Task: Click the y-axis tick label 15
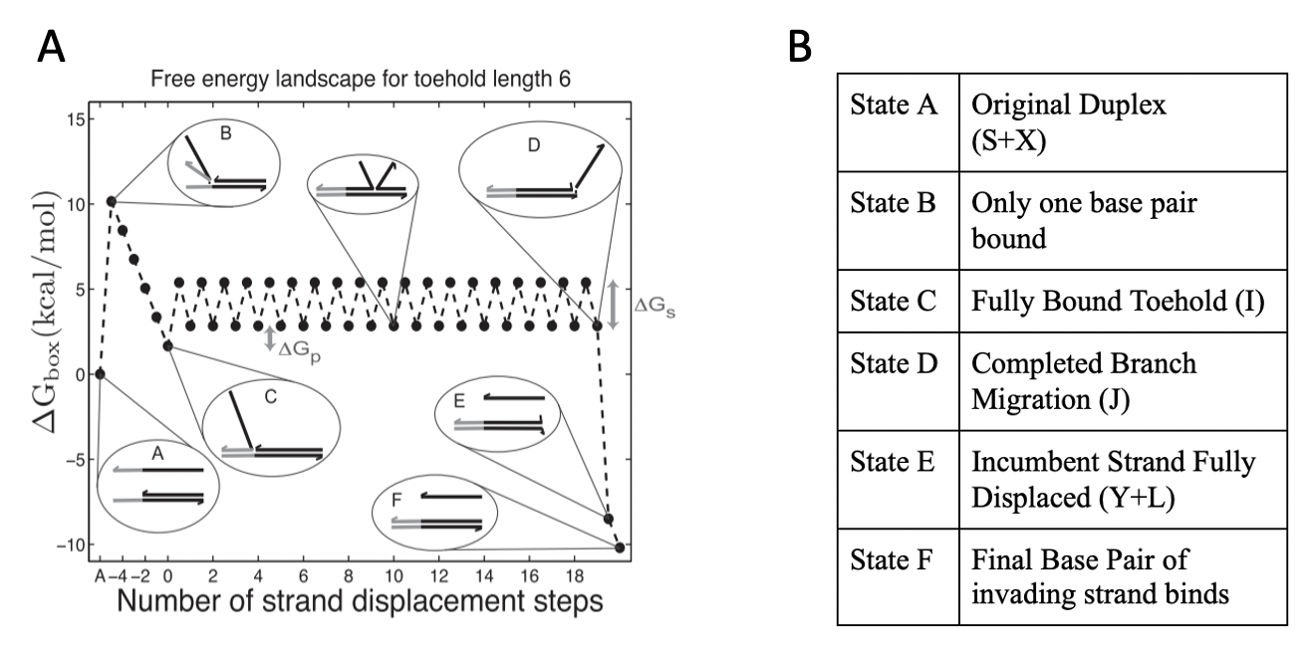[x=72, y=119]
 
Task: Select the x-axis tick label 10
[x=394, y=573]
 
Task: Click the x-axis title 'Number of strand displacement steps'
[x=359, y=603]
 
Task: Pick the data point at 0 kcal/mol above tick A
[x=100, y=374]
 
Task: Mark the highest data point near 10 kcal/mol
[x=111, y=202]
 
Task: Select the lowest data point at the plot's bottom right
[x=620, y=547]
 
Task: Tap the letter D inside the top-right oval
[x=534, y=146]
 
